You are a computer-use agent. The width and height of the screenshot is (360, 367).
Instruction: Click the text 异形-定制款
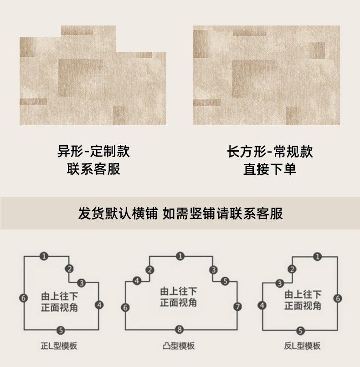[93, 151]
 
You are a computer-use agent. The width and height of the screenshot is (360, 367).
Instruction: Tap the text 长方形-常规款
[270, 152]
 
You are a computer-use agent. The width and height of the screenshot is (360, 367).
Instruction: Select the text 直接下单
[270, 169]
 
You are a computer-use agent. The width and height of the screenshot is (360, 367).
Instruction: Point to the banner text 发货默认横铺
[118, 213]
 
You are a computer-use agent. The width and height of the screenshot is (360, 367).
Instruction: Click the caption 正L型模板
[59, 346]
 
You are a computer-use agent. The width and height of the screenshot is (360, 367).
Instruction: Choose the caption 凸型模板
[179, 346]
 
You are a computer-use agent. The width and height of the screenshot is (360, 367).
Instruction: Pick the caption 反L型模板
[302, 346]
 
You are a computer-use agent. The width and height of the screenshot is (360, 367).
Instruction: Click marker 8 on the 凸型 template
[180, 330]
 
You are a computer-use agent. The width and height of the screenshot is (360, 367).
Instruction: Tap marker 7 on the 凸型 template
[238, 306]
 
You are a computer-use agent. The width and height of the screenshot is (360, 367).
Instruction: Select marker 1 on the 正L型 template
[44, 256]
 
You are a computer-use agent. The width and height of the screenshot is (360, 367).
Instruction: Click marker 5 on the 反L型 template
[300, 331]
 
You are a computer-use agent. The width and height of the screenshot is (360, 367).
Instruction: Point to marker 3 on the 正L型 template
[82, 283]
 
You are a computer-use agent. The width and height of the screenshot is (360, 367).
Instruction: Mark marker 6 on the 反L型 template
[338, 298]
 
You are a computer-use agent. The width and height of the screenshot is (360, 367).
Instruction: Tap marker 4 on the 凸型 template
[137, 280]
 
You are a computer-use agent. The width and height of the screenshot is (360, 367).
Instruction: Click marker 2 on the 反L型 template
[292, 269]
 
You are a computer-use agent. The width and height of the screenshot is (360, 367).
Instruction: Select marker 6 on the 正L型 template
[23, 298]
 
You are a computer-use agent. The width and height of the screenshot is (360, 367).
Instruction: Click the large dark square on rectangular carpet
[254, 78]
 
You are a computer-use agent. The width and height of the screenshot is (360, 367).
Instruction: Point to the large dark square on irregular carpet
[81, 77]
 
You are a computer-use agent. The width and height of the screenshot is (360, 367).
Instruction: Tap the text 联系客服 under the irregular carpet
[93, 169]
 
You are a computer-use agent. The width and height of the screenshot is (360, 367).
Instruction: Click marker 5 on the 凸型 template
[225, 281]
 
